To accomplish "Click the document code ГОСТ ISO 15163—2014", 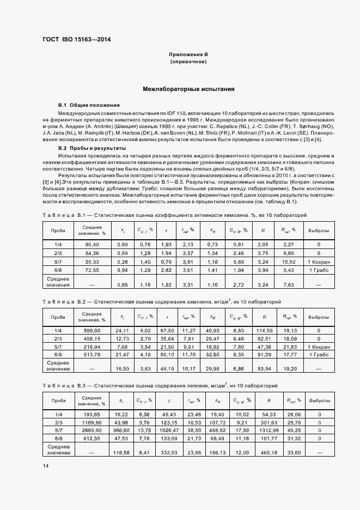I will pyautogui.click(x=72, y=40).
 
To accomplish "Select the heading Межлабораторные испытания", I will pyautogui.click(x=188, y=88).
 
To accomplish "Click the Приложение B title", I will pyautogui.click(x=188, y=55).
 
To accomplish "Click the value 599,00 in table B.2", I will pyautogui.click(x=91, y=330).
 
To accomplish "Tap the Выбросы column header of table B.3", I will pyautogui.click(x=319, y=400).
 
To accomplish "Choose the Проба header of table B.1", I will pyautogui.click(x=58, y=230).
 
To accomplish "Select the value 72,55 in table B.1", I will pyautogui.click(x=91, y=270).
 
